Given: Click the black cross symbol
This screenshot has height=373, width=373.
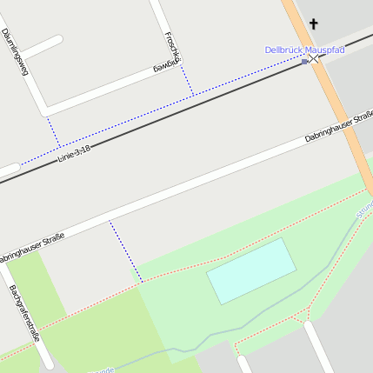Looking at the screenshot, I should pyautogui.click(x=313, y=24).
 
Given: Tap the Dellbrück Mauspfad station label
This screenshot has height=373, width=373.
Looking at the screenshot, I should pyautogui.click(x=304, y=50).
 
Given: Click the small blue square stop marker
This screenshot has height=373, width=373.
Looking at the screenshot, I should pyautogui.click(x=304, y=62).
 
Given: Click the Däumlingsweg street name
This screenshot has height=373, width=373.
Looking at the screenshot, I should pyautogui.click(x=16, y=52).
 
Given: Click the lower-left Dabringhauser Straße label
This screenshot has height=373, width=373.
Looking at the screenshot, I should pyautogui.click(x=31, y=248).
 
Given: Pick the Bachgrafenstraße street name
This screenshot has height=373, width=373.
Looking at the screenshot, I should pyautogui.click(x=23, y=312).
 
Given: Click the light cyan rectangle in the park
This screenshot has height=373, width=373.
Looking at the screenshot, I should pyautogui.click(x=252, y=270).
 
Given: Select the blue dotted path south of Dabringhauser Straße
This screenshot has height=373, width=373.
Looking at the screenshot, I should pyautogui.click(x=125, y=251).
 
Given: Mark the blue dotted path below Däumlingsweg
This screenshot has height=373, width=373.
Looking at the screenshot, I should pyautogui.click(x=54, y=131).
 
